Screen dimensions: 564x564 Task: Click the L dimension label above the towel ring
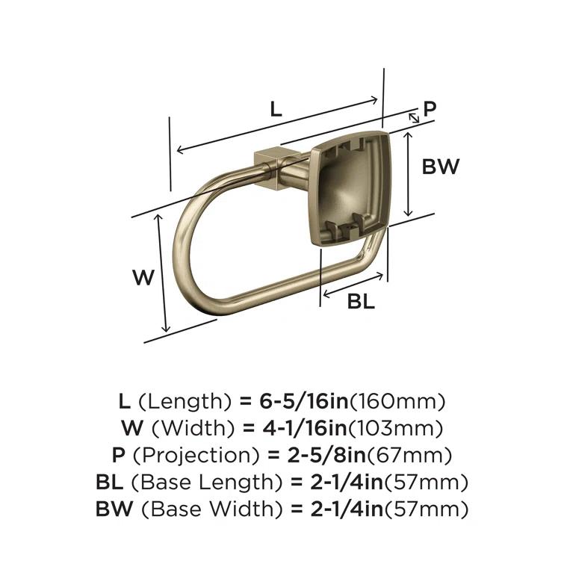(x=276, y=109)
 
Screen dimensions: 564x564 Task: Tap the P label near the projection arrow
(x=429, y=109)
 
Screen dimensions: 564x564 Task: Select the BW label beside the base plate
(x=441, y=167)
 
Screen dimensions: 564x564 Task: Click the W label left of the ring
(x=143, y=279)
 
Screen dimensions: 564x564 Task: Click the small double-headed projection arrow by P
(x=413, y=118)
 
